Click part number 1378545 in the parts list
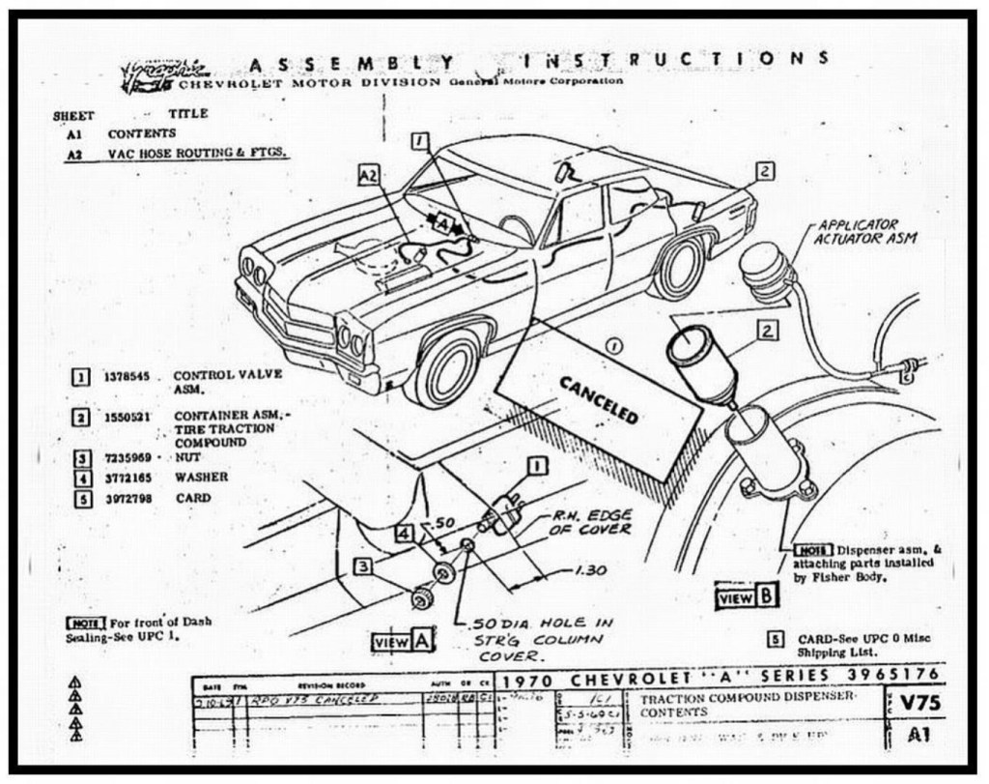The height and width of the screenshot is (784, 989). pyautogui.click(x=127, y=377)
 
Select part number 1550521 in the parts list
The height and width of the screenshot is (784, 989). pyautogui.click(x=127, y=417)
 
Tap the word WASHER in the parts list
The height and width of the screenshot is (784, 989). pyautogui.click(x=202, y=477)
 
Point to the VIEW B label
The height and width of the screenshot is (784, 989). pyautogui.click(x=747, y=596)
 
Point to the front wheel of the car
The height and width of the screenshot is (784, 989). pyautogui.click(x=447, y=368)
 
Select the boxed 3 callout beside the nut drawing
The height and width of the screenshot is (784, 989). pyautogui.click(x=362, y=566)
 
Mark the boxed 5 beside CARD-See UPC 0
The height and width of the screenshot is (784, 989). pyautogui.click(x=775, y=639)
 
